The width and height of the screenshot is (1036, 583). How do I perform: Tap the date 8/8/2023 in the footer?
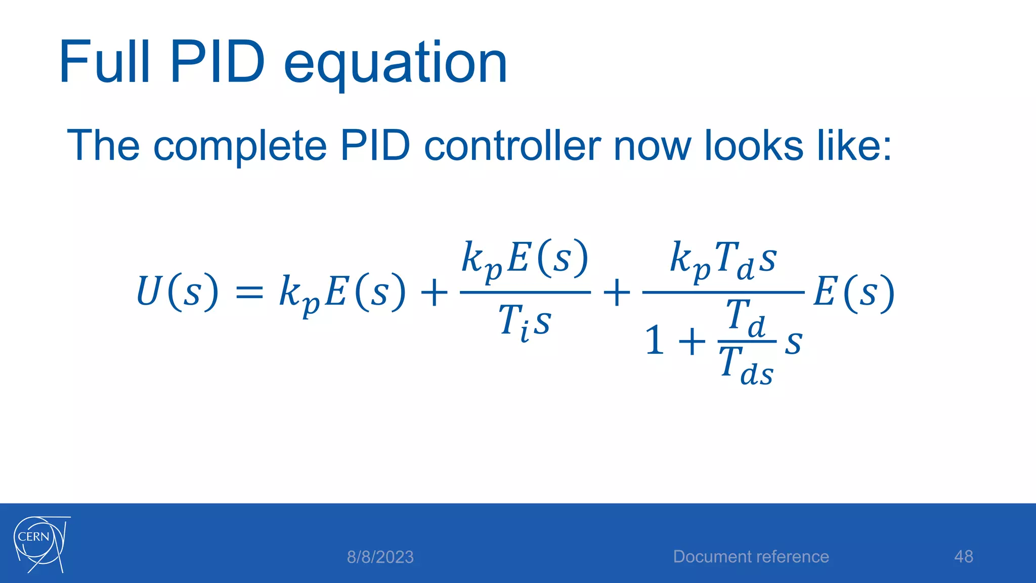[380, 557]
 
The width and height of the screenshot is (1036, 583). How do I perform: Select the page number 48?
[963, 557]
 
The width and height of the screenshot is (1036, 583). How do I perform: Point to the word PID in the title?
[217, 63]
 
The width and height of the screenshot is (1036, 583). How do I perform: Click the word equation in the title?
[395, 65]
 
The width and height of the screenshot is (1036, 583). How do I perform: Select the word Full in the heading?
[104, 63]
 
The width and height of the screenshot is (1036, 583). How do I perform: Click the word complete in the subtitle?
[240, 147]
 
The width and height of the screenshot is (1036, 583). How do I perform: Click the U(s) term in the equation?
[177, 291]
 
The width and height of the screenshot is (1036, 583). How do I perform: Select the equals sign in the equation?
[249, 293]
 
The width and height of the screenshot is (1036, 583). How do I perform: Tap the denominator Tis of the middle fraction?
[525, 322]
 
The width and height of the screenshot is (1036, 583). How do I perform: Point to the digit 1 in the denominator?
[655, 341]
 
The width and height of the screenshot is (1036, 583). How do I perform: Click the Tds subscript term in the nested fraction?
[746, 365]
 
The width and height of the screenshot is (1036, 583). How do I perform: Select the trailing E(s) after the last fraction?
[853, 293]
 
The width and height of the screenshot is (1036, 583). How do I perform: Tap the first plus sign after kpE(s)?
[434, 293]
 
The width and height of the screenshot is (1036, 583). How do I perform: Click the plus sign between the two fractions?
[617, 293]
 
